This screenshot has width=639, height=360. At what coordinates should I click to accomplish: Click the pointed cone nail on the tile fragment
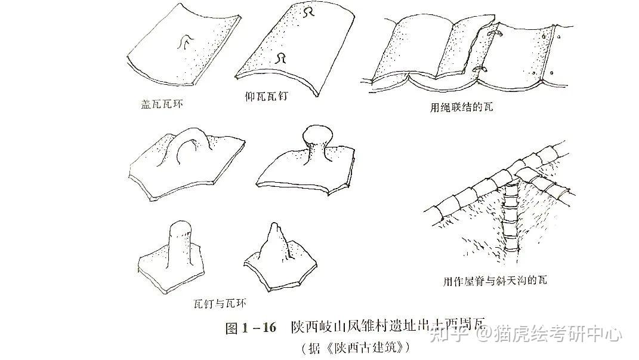275,242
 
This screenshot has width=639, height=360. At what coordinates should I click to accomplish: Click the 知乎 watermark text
444,334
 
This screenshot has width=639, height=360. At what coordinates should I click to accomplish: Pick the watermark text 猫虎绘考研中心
557,334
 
